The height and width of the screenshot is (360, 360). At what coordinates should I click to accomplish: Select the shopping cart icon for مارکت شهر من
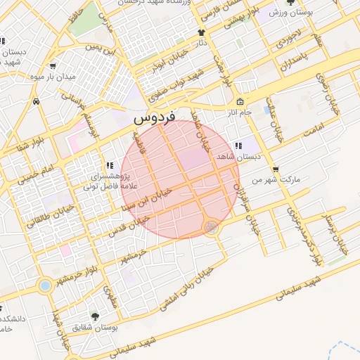[275, 169]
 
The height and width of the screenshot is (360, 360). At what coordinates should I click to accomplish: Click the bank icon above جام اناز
[240, 101]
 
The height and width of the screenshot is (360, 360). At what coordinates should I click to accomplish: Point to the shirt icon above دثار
[202, 32]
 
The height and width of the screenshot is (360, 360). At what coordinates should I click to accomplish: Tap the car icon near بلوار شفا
[36, 101]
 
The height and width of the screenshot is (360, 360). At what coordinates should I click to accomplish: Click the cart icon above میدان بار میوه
[53, 65]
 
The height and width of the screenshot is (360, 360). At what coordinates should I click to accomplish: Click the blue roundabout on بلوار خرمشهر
[46, 286]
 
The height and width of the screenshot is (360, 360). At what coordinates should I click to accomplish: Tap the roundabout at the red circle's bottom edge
[210, 227]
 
